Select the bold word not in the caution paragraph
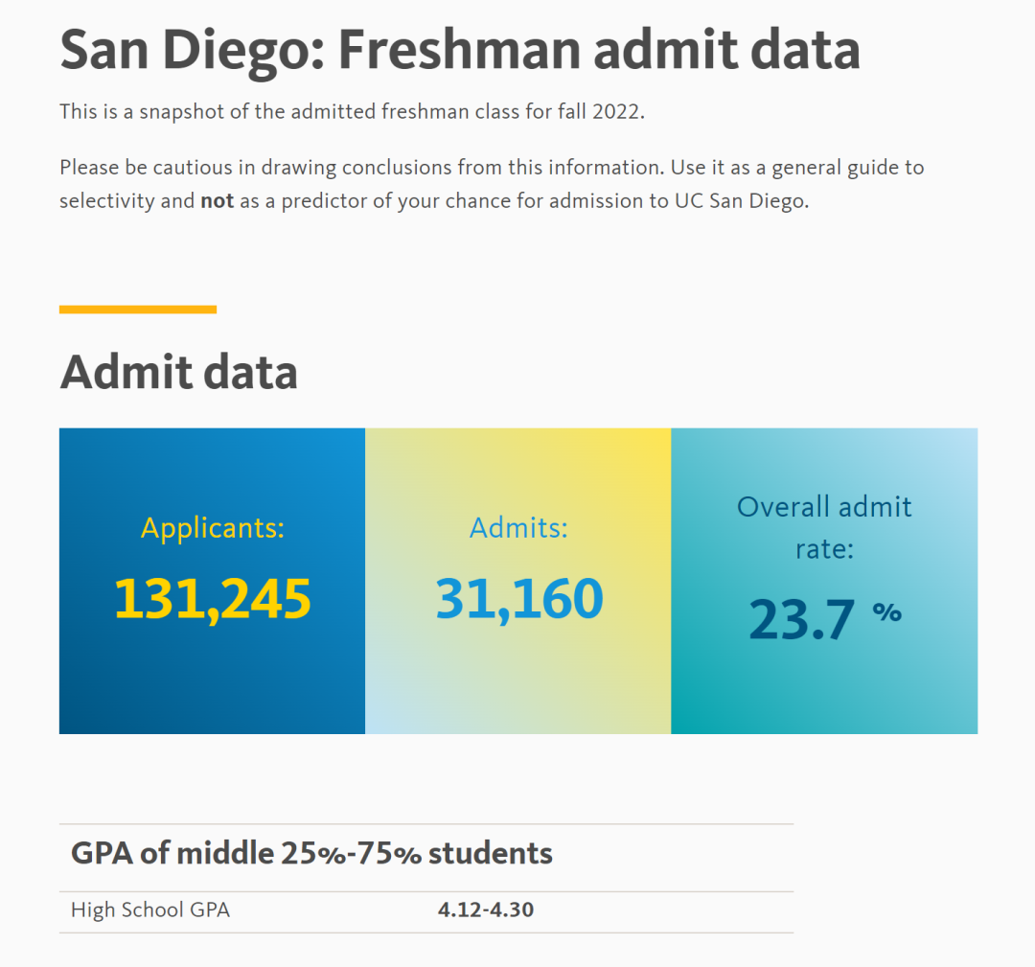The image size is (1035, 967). coord(217,202)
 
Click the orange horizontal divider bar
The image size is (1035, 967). coord(138,310)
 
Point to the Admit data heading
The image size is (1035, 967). coord(178,373)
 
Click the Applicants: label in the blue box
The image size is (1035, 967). coord(213,527)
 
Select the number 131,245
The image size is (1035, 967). coord(213,598)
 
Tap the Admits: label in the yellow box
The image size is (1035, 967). coord(518,527)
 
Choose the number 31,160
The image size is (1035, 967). coord(518,598)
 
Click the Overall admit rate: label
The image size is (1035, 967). coord(824,527)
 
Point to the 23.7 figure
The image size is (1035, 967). coord(801,619)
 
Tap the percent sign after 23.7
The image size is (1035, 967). coord(886,611)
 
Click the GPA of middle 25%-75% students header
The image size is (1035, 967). coord(311,853)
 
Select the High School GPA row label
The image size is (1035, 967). coord(150,909)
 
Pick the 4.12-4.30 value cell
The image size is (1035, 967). coord(485,909)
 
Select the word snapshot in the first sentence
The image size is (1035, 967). coord(178,111)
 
